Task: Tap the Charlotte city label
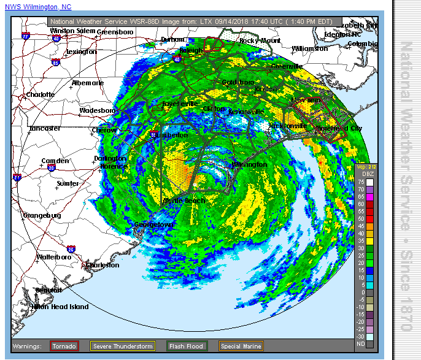click(x=40, y=95)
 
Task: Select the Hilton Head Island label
click(x=60, y=307)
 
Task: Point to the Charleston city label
click(x=102, y=265)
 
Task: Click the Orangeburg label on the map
click(x=41, y=215)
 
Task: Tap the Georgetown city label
click(x=154, y=225)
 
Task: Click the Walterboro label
click(x=54, y=257)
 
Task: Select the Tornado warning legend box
click(x=64, y=347)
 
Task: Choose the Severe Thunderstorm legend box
click(x=123, y=347)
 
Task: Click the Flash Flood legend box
click(x=187, y=347)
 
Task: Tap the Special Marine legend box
click(x=241, y=347)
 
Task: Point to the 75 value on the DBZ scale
click(x=361, y=182)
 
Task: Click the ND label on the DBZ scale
click(x=361, y=344)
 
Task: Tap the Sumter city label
click(x=68, y=183)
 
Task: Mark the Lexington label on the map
click(x=81, y=52)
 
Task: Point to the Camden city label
click(x=55, y=161)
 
